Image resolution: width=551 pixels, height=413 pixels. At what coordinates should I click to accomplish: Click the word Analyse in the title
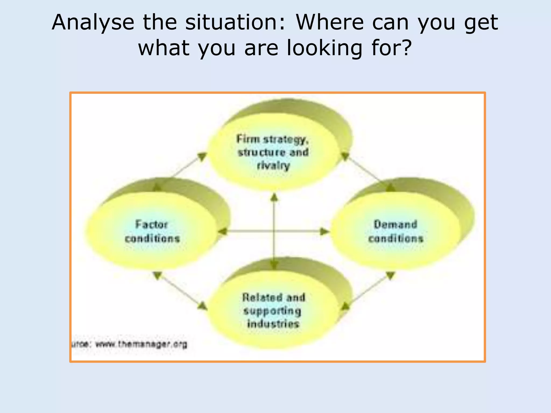(93, 23)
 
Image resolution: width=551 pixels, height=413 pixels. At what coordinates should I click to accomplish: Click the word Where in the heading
(330, 23)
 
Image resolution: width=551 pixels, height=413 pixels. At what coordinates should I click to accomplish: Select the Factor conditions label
(152, 231)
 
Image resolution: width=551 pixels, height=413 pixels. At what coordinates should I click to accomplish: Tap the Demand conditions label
(395, 231)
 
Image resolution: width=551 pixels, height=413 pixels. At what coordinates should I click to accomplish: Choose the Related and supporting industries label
(273, 311)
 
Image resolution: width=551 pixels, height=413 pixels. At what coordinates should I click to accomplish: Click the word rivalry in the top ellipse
(273, 166)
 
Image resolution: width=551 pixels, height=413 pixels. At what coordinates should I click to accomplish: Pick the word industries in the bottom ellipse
(273, 324)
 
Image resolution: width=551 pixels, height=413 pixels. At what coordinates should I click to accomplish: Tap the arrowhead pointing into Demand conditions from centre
(324, 231)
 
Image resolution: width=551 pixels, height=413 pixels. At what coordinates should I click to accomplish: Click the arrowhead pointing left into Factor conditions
(223, 231)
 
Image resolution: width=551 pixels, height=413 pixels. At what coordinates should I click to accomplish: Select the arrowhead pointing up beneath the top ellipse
(274, 198)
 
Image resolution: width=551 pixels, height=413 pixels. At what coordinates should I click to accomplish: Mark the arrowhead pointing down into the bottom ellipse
(274, 265)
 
